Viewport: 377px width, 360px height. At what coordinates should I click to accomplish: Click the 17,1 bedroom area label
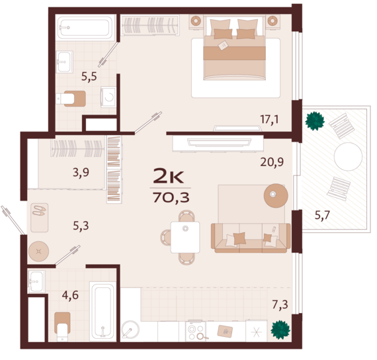tap(269, 119)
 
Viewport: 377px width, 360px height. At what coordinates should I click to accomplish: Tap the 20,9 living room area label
tap(272, 162)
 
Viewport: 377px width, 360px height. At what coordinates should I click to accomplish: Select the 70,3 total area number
tap(171, 198)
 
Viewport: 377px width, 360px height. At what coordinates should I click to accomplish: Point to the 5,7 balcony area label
tap(322, 215)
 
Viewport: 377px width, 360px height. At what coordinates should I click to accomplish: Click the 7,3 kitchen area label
tap(280, 304)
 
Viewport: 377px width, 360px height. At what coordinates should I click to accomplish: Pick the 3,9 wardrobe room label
tap(81, 173)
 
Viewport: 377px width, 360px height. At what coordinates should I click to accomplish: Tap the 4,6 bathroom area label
tap(70, 295)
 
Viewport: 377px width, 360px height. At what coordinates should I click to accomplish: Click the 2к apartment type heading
tap(169, 176)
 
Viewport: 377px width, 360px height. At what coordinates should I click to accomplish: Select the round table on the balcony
tap(348, 156)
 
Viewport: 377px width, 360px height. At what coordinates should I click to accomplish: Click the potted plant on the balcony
tap(315, 121)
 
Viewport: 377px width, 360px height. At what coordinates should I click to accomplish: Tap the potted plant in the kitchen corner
tap(280, 330)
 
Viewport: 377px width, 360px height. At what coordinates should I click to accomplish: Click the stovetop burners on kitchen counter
tap(196, 332)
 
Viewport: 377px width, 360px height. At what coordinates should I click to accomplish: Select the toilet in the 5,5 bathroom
tap(71, 99)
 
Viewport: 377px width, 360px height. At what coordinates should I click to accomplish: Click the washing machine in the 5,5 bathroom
tap(108, 97)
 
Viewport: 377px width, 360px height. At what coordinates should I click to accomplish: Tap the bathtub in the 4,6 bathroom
tap(103, 311)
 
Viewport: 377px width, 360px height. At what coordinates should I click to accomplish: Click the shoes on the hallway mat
tap(39, 211)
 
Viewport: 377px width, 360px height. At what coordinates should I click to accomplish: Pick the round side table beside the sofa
tap(276, 196)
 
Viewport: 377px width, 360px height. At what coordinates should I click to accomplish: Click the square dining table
tap(185, 238)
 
